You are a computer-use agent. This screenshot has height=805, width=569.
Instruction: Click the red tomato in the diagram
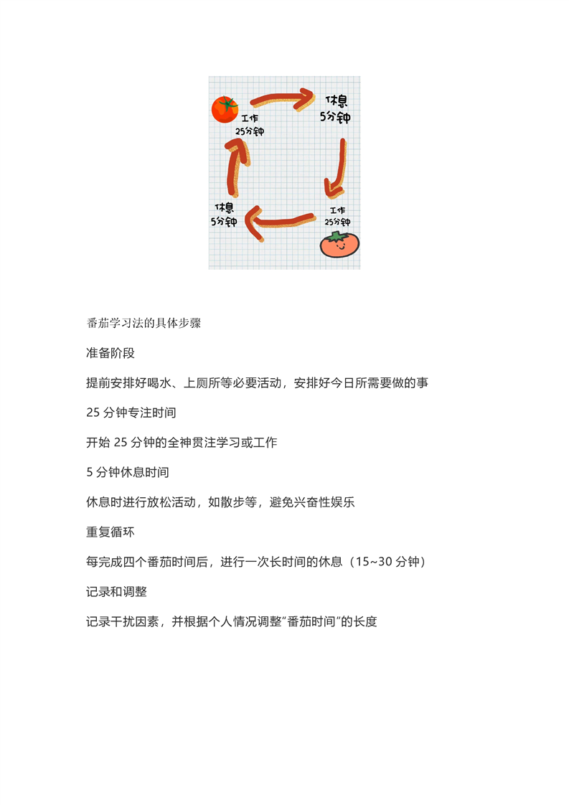pos(224,110)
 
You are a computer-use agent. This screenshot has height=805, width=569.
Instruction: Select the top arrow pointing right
pos(281,99)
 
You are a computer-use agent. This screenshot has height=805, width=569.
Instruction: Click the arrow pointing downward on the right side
pos(337,168)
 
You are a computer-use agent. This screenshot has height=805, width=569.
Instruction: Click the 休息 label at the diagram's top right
pos(337,100)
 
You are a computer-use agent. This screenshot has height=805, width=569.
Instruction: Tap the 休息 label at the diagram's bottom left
pos(224,207)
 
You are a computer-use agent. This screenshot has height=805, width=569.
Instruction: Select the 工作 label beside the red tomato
pos(250,119)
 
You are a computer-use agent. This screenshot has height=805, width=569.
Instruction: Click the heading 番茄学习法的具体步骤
pos(143,323)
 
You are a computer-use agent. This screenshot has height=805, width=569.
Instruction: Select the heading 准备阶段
pos(110,353)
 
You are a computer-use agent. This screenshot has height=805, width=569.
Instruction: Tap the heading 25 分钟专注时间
pos(131,413)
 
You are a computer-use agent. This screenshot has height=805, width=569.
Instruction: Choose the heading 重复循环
pos(110,532)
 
